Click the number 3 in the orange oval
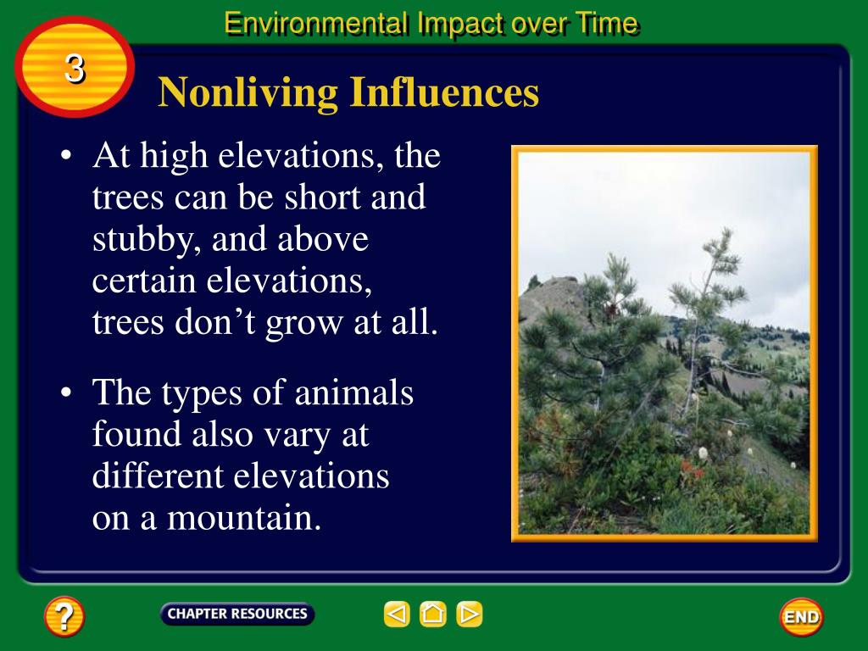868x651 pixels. point(75,69)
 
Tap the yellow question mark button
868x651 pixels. point(64,615)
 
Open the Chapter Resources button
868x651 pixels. point(237,614)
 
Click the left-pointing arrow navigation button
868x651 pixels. point(397,614)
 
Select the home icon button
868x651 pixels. point(433,614)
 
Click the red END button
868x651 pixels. point(801,617)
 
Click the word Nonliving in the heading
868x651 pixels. point(248,92)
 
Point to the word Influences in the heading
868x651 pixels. point(444,92)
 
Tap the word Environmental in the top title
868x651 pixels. point(316,23)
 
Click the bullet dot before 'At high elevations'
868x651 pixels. point(66,156)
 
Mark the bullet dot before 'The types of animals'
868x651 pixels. point(66,392)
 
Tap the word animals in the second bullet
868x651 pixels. point(353,392)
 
